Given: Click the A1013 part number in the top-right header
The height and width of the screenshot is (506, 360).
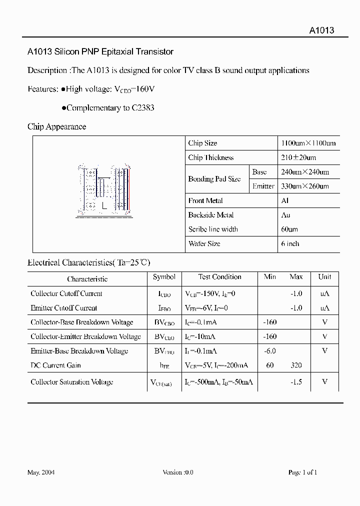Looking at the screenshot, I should (x=321, y=30).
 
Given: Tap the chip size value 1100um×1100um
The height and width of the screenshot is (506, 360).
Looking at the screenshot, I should (x=308, y=143).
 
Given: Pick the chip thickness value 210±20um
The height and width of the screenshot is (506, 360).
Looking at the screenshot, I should (x=295, y=157).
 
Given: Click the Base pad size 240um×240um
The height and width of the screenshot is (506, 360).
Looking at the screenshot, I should (x=305, y=172).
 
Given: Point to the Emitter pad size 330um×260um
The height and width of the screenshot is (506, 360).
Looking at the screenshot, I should (x=305, y=186).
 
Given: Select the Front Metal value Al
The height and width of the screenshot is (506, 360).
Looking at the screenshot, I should (x=285, y=200).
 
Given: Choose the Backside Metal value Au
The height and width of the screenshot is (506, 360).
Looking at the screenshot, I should (x=285, y=215).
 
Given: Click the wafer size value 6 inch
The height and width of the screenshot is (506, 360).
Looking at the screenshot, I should (x=290, y=244).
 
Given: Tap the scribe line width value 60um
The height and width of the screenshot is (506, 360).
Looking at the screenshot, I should (x=289, y=229).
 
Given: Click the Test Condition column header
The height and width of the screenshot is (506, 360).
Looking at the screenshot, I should (x=219, y=277).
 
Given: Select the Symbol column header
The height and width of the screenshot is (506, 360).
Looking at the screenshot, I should (x=164, y=277).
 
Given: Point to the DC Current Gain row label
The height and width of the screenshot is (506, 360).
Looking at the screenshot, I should (x=55, y=365).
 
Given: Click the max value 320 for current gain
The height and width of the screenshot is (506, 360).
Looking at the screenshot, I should (x=296, y=365).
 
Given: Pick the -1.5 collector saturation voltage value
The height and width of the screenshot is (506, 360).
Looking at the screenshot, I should (x=296, y=382).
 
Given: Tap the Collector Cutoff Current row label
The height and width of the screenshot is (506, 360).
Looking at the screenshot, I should (x=66, y=293).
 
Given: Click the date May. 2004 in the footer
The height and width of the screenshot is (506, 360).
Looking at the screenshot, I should (x=41, y=472).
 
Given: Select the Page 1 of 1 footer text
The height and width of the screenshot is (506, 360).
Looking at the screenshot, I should (x=302, y=472).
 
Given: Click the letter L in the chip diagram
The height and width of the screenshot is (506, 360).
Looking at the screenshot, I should (x=104, y=205).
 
